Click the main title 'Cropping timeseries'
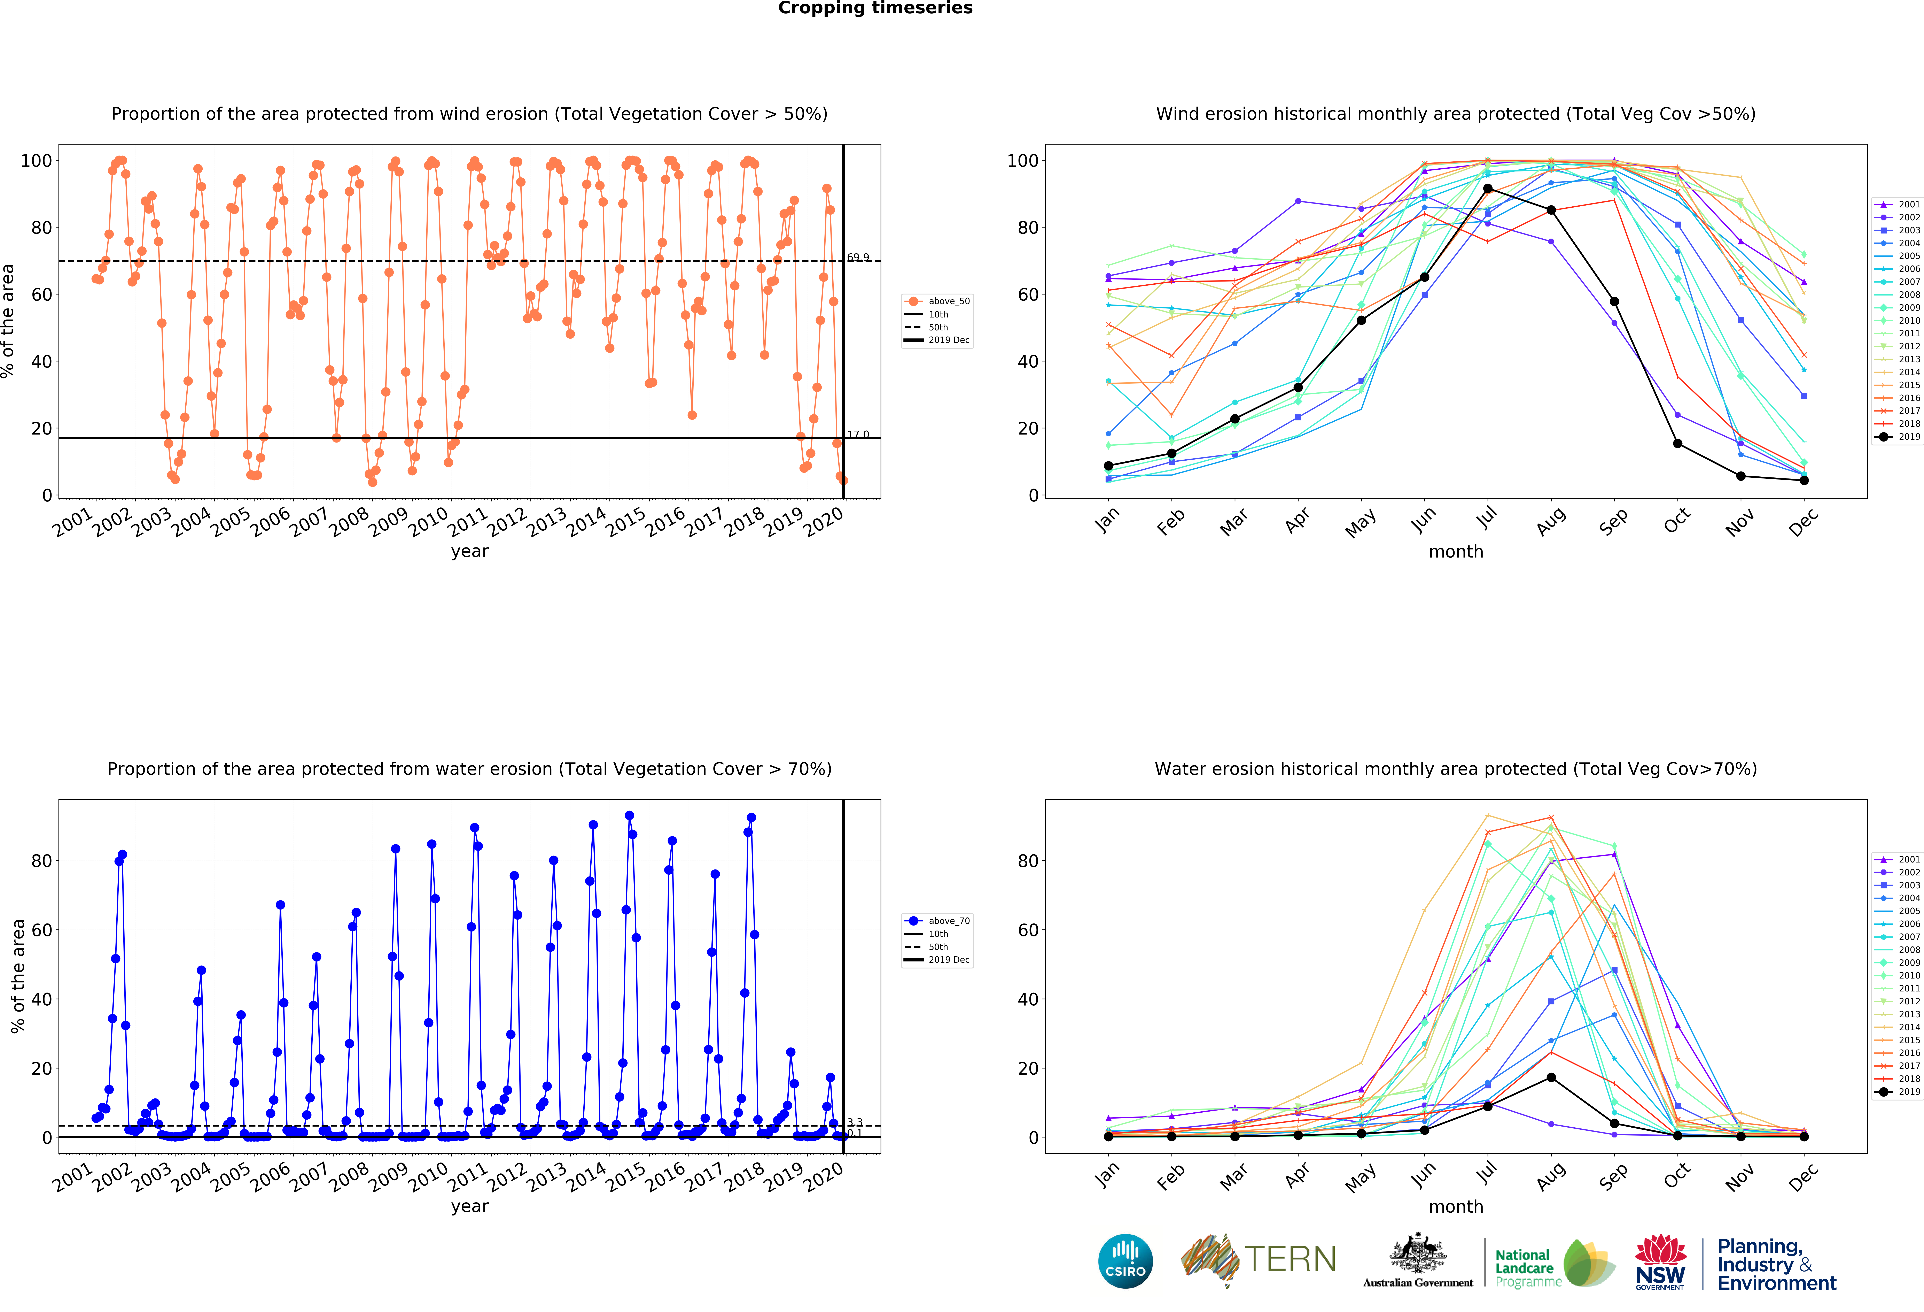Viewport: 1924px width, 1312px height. (x=875, y=8)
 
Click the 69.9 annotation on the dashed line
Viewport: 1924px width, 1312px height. (x=858, y=258)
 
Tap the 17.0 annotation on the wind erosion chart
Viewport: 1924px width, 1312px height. (x=858, y=434)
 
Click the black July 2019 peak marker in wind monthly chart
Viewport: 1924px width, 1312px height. (x=1488, y=189)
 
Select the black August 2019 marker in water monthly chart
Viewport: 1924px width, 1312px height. (x=1551, y=1078)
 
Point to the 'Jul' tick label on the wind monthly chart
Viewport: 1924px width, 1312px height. (x=1487, y=518)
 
